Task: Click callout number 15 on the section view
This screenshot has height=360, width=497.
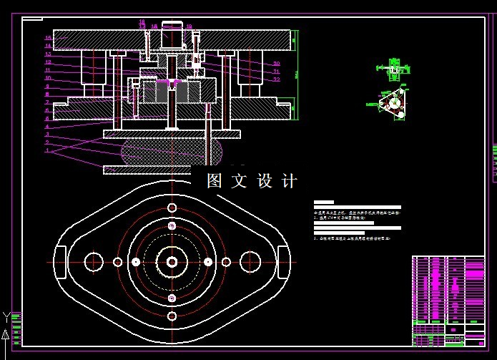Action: point(47,37)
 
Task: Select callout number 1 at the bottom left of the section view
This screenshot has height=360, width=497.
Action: point(47,151)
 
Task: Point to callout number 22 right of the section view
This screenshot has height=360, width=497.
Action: point(277,79)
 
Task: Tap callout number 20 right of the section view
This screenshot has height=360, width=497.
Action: point(277,64)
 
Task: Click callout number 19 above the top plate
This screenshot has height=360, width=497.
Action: point(189,26)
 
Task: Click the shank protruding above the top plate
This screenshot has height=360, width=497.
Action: point(172,32)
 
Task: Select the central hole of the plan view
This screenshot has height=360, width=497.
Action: point(172,262)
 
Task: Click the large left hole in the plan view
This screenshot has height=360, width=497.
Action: point(94,262)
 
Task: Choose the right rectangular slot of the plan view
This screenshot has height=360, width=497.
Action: point(283,262)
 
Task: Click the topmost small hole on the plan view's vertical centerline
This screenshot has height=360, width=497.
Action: point(172,208)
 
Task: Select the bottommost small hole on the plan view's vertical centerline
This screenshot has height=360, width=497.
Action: point(172,316)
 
